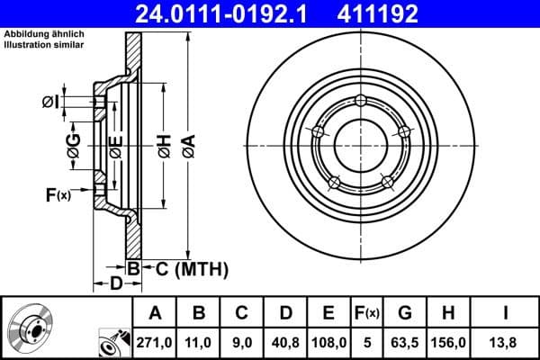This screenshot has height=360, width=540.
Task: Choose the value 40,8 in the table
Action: [286, 343]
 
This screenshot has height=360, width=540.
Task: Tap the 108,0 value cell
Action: [328, 343]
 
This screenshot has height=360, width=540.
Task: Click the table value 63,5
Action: [406, 343]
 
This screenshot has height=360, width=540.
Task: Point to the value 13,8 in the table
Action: [507, 343]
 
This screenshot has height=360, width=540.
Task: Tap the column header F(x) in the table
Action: [367, 313]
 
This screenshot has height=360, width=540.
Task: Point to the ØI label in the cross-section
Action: [51, 102]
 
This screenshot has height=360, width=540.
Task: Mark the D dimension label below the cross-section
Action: [115, 284]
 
